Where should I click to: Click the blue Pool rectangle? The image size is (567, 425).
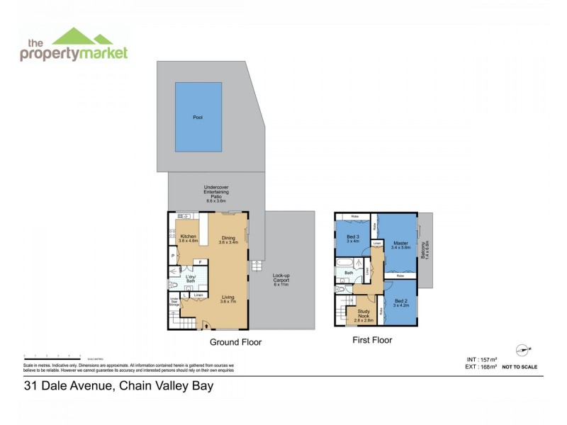(x=198, y=117)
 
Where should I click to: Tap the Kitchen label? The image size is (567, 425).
(x=188, y=237)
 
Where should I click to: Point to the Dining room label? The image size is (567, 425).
(x=228, y=238)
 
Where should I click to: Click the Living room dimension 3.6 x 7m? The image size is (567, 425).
(x=228, y=302)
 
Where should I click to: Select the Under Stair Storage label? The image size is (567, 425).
(x=174, y=303)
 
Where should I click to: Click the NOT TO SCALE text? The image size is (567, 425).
(x=519, y=367)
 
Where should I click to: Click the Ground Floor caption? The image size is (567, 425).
(x=236, y=342)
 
